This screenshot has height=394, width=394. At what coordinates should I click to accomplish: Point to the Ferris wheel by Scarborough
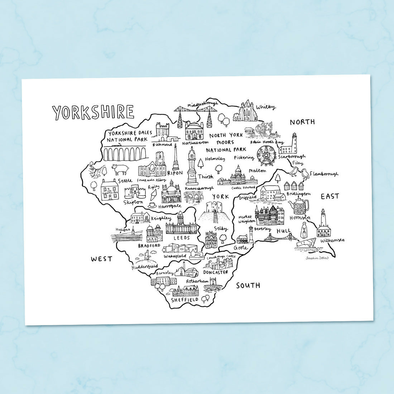click(x=265, y=156)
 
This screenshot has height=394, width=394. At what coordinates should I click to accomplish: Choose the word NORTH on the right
click(x=302, y=122)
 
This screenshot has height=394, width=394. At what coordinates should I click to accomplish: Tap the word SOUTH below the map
click(x=248, y=285)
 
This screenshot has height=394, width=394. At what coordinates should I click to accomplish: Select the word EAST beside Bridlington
click(x=330, y=196)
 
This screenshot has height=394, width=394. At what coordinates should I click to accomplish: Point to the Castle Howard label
click(x=242, y=188)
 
